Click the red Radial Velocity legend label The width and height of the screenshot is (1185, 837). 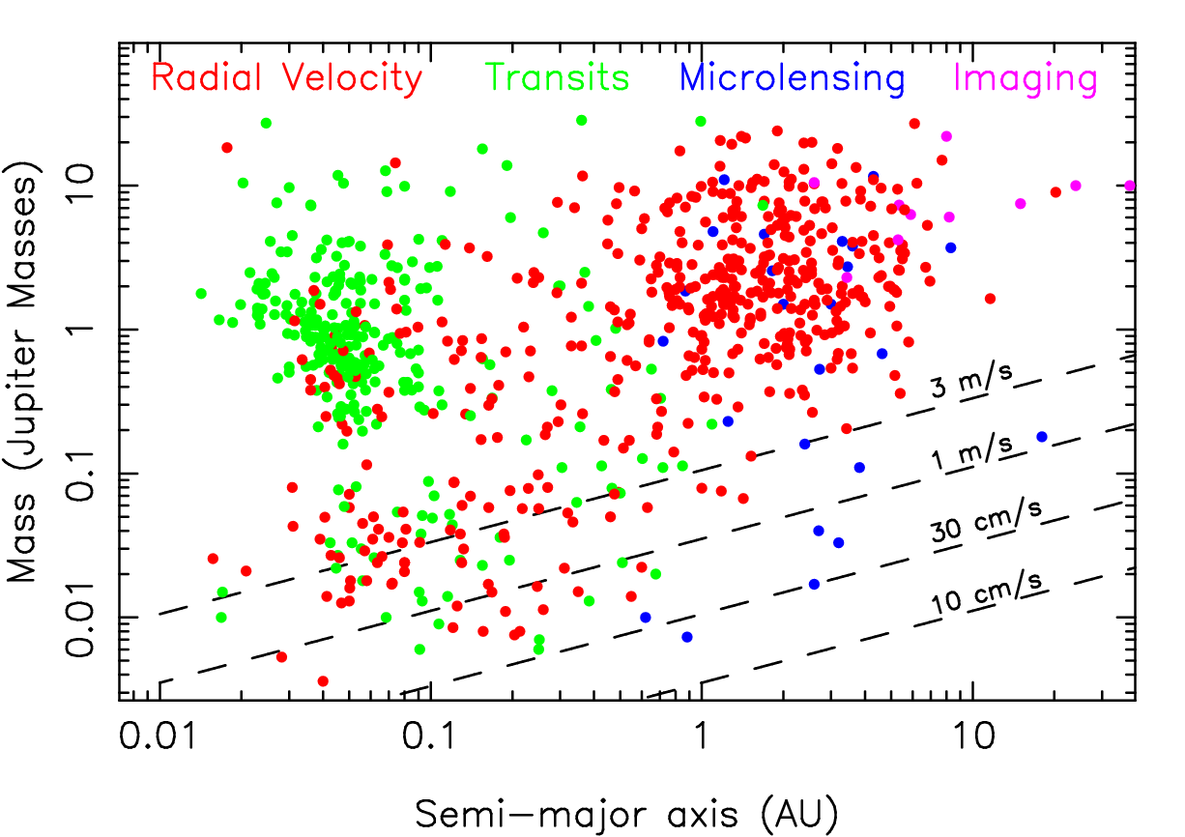coord(287,78)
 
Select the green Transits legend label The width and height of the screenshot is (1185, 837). coord(558,78)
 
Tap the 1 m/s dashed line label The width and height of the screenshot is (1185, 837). coord(973,450)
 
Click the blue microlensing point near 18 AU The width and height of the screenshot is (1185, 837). coord(1041,437)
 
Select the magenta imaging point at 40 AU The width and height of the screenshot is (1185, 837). coord(1130,186)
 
